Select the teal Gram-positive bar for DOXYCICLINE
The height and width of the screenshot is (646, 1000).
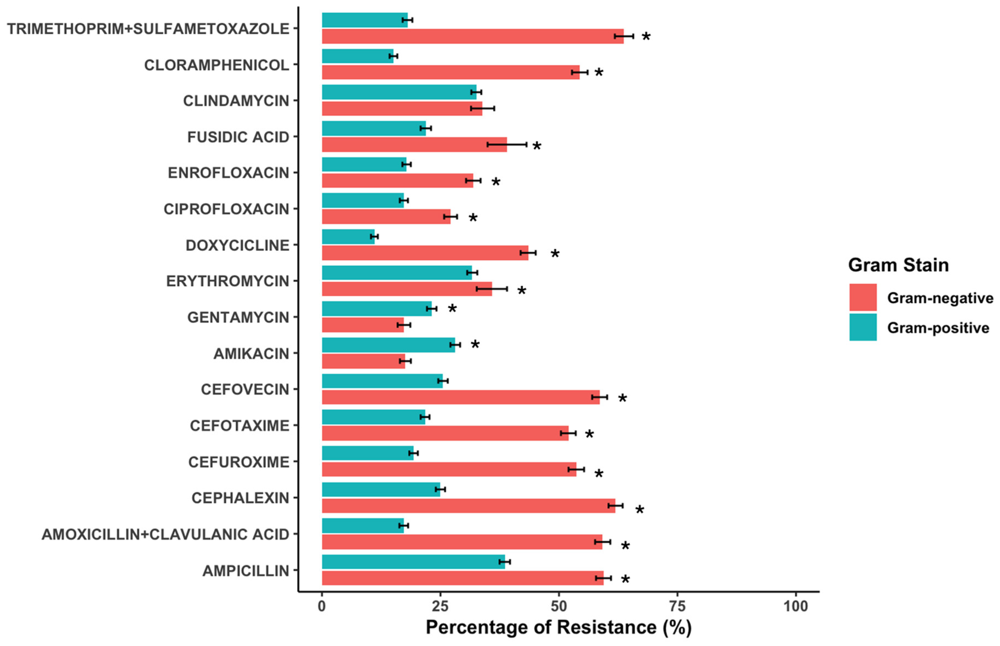click(x=348, y=236)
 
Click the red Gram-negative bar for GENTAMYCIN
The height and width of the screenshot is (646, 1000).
click(x=363, y=325)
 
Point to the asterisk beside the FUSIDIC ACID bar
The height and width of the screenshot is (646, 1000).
click(x=537, y=146)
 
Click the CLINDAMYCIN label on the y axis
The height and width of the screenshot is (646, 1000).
click(x=236, y=101)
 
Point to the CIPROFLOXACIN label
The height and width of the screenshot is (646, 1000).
click(x=226, y=209)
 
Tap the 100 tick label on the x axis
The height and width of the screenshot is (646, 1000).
click(x=796, y=606)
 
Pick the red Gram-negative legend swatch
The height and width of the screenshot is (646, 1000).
click(x=863, y=297)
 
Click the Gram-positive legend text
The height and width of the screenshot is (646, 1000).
click(x=938, y=328)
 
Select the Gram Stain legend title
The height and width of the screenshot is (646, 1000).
click(x=898, y=265)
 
